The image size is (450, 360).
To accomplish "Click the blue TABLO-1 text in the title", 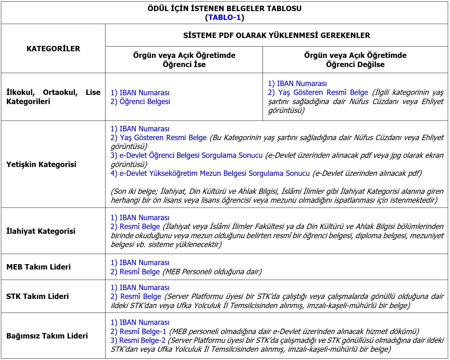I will click(225, 17).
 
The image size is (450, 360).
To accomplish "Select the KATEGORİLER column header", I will click(53, 49).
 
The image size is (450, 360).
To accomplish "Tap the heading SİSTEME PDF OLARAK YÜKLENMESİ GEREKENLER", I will click(276, 35).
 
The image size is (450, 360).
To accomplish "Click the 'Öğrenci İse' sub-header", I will click(184, 65).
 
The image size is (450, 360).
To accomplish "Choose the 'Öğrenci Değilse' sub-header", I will click(355, 65).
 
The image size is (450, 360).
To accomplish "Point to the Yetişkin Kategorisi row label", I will click(41, 164).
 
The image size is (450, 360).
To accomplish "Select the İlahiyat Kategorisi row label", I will click(41, 231).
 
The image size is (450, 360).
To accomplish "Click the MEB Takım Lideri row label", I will click(38, 267).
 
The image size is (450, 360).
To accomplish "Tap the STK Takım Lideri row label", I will click(37, 296).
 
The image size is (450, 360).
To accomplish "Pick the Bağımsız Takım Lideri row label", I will click(47, 336).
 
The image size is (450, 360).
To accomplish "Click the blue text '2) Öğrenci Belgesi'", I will click(140, 102).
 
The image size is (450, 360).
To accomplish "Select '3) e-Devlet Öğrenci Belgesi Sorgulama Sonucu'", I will click(187, 156).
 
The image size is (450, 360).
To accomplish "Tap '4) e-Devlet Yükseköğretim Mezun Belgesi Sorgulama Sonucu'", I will click(210, 173).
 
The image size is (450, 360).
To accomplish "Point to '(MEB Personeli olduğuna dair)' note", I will click(212, 272).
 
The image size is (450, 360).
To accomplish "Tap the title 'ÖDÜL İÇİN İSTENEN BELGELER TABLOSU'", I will click(225, 9).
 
